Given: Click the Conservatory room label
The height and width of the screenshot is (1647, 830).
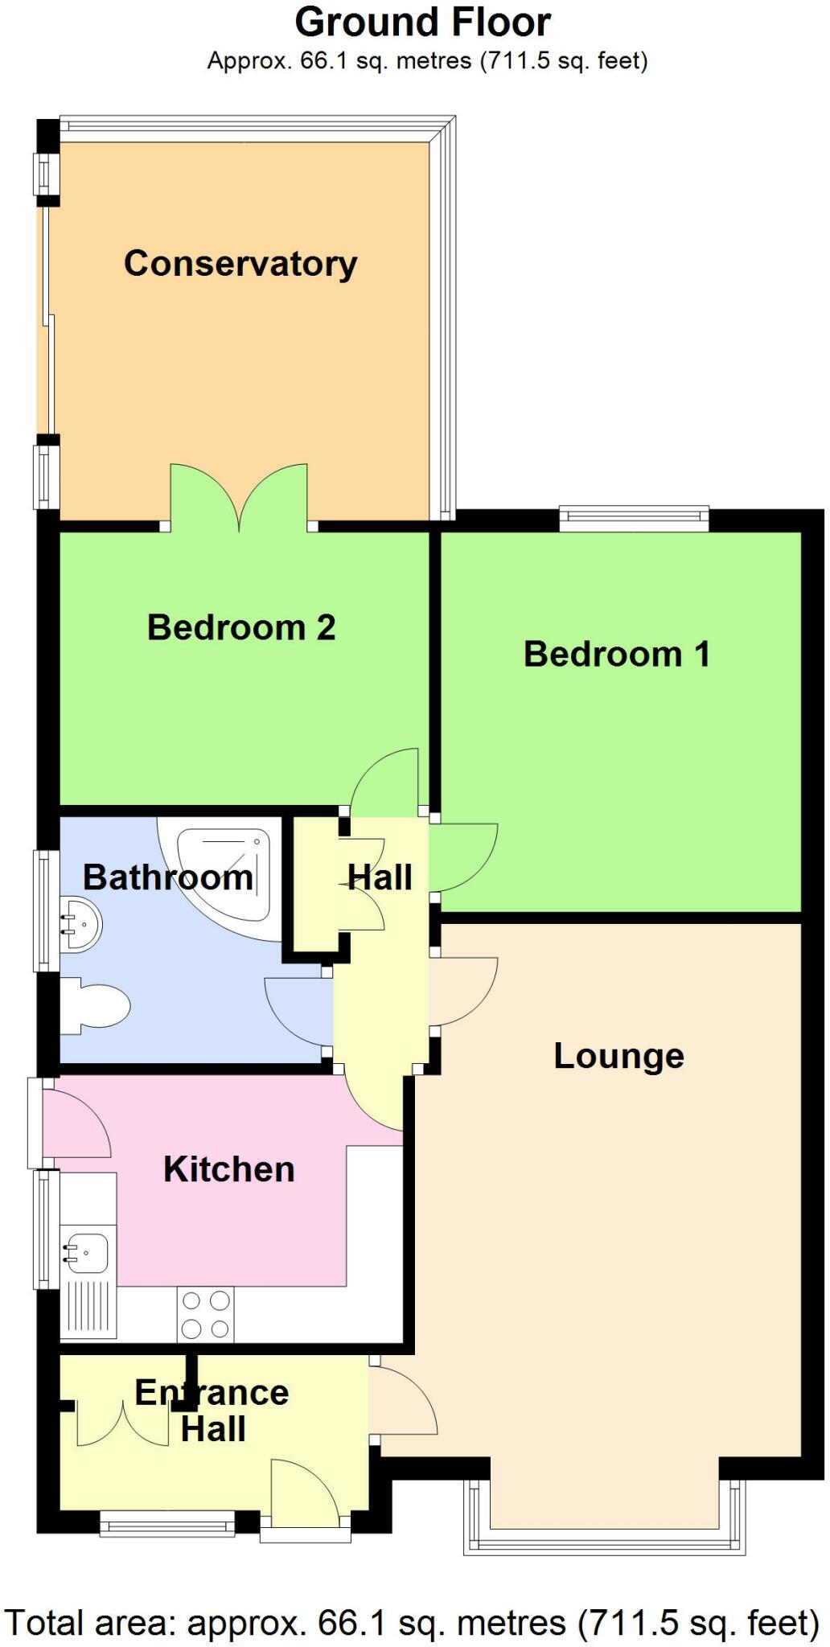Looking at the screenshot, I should click(240, 265).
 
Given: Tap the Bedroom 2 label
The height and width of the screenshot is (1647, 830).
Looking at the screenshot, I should click(241, 628).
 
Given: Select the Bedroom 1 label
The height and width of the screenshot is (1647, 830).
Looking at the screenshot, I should click(617, 655).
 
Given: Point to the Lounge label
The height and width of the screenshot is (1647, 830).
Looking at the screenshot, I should click(618, 1057).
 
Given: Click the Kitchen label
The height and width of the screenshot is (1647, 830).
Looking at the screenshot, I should click(229, 1170).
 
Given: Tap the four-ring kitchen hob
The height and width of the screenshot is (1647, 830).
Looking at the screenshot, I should click(205, 1315).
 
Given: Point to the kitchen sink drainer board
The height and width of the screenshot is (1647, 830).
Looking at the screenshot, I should click(88, 1307).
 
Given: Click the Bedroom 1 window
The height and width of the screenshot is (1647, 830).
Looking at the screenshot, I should click(634, 519).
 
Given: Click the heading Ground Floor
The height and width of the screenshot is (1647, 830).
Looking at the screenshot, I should click(422, 23).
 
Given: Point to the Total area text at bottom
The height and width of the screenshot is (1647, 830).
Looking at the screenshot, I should click(412, 1623).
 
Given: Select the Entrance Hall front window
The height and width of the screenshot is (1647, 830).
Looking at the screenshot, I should click(166, 1524).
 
